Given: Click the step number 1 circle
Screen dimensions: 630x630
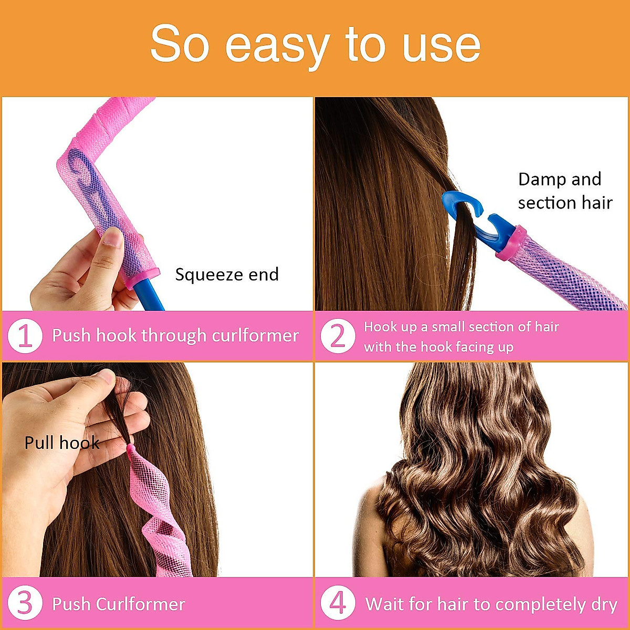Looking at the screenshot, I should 25,335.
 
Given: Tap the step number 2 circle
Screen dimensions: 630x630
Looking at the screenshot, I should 338,336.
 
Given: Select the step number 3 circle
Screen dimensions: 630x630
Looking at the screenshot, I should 25,604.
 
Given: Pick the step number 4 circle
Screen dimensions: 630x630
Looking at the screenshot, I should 338,604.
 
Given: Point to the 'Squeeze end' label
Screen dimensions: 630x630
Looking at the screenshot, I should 226,275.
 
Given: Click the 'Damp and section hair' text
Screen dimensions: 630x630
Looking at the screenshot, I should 564,191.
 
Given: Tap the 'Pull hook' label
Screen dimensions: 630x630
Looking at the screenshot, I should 61,443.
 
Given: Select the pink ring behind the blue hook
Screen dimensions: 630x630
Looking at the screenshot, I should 509,243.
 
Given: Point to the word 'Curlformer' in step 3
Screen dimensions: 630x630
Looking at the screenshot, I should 141,604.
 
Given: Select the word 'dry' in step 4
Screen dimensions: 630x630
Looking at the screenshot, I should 604,605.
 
